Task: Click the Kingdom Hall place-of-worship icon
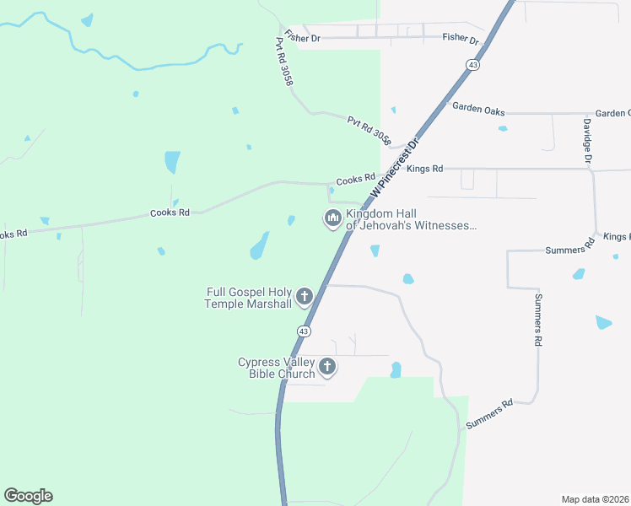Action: tap(332, 218)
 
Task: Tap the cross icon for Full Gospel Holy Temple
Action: tap(305, 297)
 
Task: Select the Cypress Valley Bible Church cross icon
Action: tap(327, 367)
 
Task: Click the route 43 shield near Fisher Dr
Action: tap(473, 64)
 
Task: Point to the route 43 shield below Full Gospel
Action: tap(303, 330)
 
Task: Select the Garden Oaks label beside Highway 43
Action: tap(478, 107)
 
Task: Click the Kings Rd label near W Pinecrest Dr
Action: tap(424, 169)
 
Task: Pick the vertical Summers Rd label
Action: tap(537, 320)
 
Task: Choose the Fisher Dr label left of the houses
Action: tap(302, 37)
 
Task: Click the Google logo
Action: tap(28, 496)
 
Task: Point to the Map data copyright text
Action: tap(596, 499)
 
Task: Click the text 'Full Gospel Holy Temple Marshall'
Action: tap(249, 298)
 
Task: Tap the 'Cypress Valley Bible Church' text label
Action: tap(276, 368)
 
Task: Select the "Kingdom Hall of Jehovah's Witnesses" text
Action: tap(412, 219)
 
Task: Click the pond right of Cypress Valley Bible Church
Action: tap(396, 369)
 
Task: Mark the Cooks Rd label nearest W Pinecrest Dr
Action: tap(355, 180)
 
